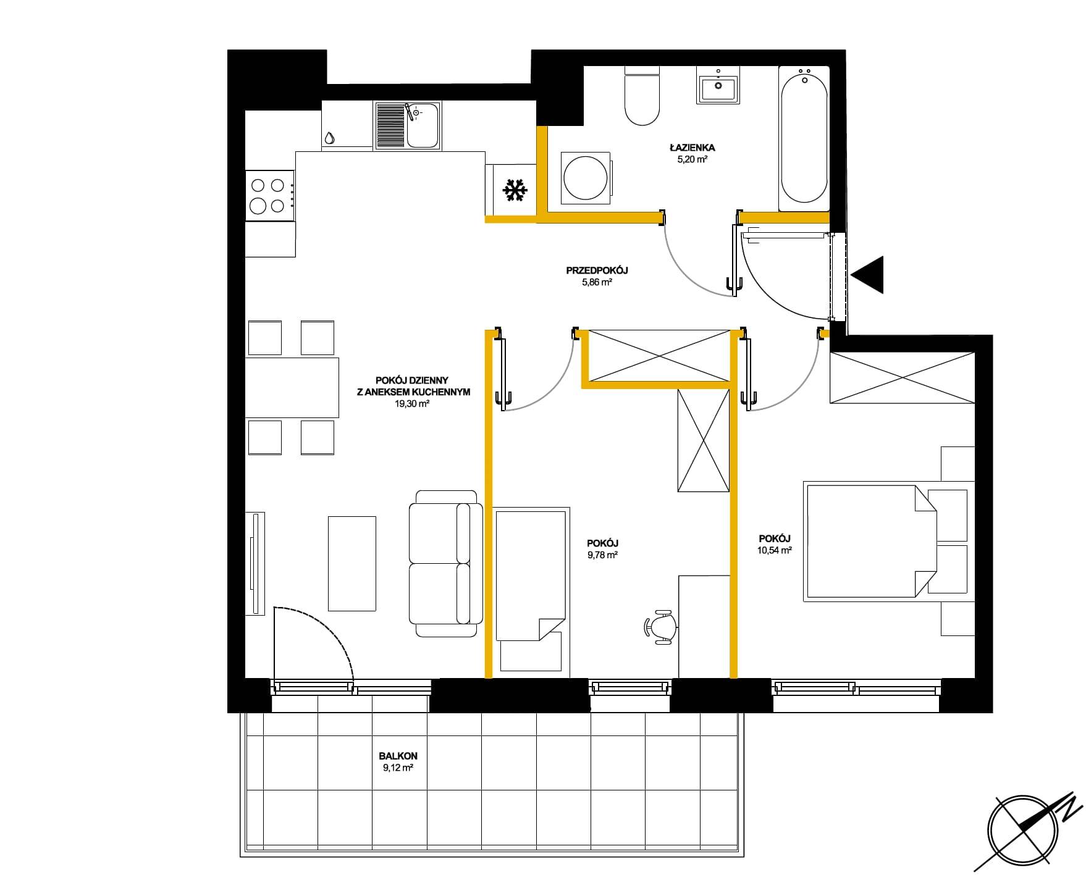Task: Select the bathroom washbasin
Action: (x=718, y=86)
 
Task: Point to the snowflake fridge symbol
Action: (x=514, y=190)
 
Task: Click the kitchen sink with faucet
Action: (x=407, y=125)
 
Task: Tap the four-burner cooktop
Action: (x=270, y=195)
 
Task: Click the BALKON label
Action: (x=398, y=756)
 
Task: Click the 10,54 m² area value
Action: (x=775, y=550)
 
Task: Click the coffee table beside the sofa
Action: (x=351, y=563)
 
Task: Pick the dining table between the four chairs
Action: (x=292, y=388)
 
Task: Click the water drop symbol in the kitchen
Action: (x=330, y=138)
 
